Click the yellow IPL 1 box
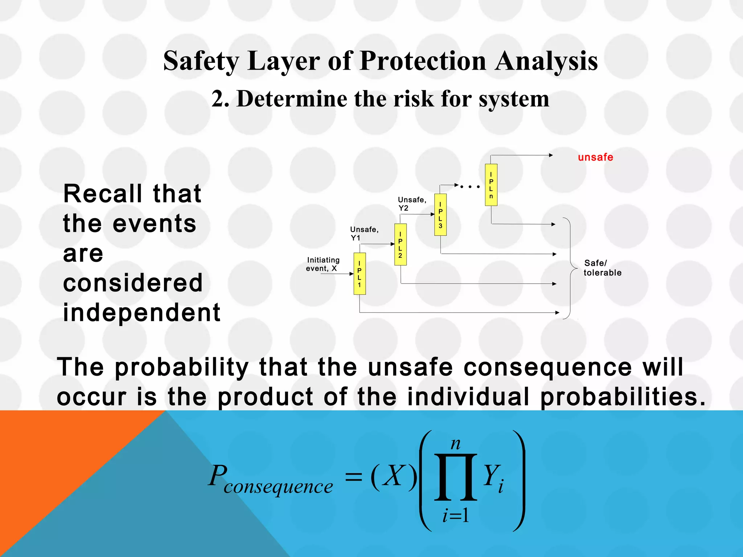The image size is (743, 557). (360, 273)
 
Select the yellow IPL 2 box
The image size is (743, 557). (400, 244)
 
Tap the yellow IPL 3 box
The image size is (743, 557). (440, 215)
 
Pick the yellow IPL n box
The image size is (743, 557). (491, 185)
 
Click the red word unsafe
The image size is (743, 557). (595, 157)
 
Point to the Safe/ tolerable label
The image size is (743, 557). (602, 268)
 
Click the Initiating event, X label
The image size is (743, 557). (323, 264)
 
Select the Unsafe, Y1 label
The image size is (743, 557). (364, 234)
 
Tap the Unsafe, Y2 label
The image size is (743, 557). (412, 204)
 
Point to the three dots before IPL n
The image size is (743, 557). (470, 187)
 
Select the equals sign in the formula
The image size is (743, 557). (353, 476)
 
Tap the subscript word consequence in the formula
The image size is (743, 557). (278, 487)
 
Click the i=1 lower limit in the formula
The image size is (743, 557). (456, 515)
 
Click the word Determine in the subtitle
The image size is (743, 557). (291, 99)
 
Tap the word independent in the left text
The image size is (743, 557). (142, 313)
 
